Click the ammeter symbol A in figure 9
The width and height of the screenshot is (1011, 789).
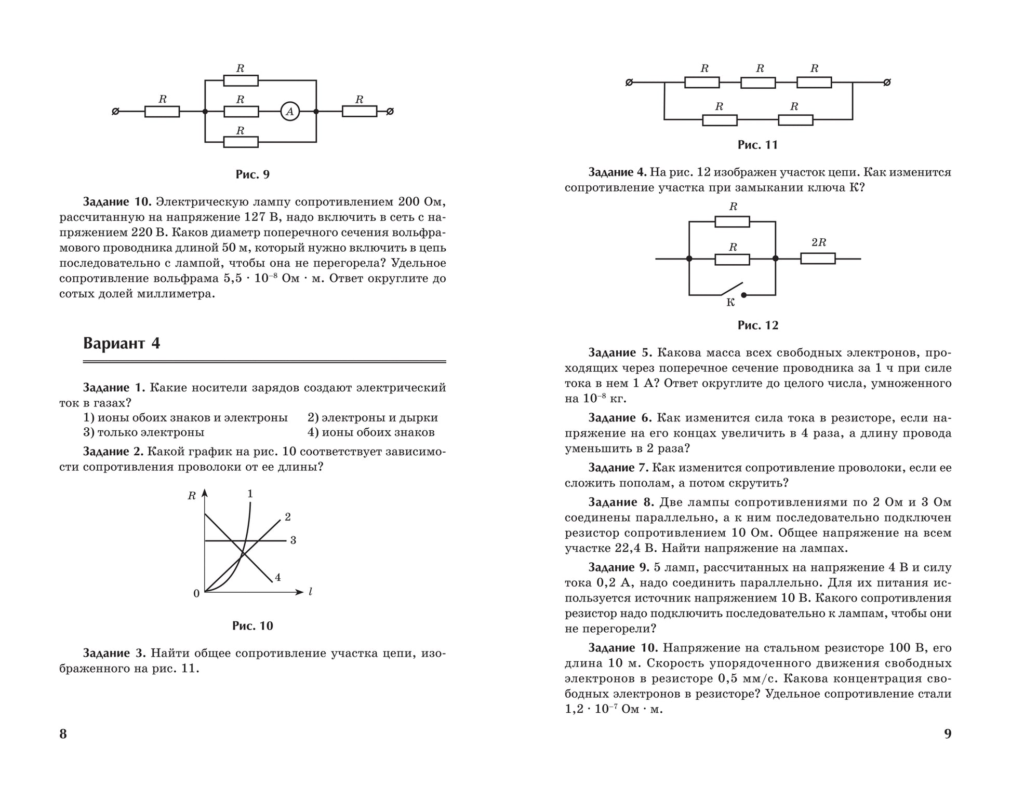[290, 111]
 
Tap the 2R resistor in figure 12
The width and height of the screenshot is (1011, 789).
[818, 259]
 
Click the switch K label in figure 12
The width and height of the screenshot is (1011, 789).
[730, 303]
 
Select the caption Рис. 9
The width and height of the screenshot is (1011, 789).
[252, 174]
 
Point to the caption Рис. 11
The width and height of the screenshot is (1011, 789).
[757, 145]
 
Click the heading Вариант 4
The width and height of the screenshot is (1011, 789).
[122, 344]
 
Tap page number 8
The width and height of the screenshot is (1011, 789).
[63, 733]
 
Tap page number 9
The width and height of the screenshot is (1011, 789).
[948, 733]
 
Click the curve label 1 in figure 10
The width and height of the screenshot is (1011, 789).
[250, 494]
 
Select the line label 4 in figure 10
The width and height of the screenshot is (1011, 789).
[278, 577]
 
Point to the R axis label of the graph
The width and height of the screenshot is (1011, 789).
[192, 496]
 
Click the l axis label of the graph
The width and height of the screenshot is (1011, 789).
[310, 592]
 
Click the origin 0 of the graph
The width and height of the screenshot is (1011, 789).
[196, 594]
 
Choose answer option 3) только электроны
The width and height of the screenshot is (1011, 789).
[144, 432]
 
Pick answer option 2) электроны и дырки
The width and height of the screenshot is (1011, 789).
[373, 418]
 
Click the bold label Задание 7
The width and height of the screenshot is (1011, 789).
[618, 468]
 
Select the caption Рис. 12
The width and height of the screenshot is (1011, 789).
[757, 325]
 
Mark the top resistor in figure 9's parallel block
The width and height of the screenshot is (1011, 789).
[241, 80]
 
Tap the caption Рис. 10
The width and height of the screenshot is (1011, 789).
[252, 626]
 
